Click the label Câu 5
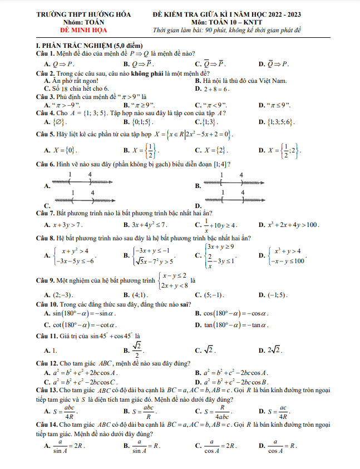(x=45, y=134)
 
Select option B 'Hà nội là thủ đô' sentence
(x=245, y=81)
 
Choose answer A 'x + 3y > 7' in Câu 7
(x=66, y=225)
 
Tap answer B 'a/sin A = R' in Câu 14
(x=144, y=446)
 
